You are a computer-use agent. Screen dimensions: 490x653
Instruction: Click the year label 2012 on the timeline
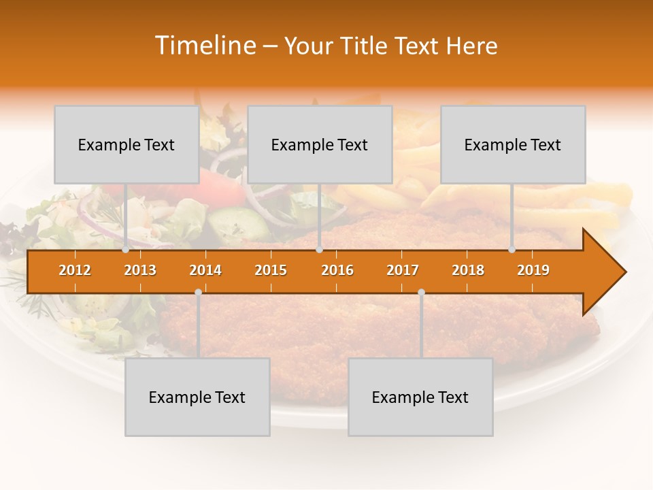click(75, 270)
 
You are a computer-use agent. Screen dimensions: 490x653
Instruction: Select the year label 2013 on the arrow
click(140, 270)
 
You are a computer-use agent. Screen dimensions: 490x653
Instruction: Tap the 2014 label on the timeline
click(205, 270)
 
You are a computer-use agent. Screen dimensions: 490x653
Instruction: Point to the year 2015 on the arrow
click(271, 270)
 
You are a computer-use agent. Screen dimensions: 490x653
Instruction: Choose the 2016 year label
click(337, 270)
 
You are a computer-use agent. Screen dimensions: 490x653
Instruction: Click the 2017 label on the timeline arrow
click(403, 270)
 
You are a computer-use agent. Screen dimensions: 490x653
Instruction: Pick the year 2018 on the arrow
click(468, 270)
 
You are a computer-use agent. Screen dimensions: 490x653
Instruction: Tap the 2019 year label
click(533, 270)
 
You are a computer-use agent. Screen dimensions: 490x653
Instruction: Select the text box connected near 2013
click(127, 144)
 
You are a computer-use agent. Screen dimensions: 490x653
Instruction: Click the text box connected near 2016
click(320, 144)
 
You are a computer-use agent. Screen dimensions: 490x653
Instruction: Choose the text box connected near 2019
click(513, 144)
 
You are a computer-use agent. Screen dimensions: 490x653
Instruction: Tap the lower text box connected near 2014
click(197, 397)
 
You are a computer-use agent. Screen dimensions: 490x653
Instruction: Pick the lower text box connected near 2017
click(420, 397)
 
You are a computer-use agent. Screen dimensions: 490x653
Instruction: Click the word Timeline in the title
click(204, 46)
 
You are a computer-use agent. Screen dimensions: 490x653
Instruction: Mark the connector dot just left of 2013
click(126, 249)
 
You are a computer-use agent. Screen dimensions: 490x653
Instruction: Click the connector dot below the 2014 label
click(198, 292)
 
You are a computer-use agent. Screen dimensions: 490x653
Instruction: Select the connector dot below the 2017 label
click(421, 292)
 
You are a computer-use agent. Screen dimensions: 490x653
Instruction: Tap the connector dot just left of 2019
click(512, 249)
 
